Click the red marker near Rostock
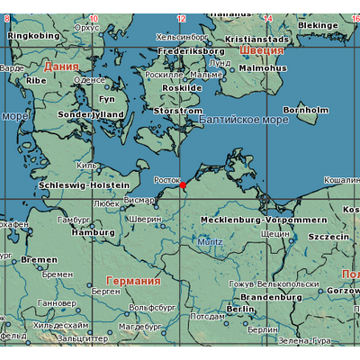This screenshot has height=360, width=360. pyautogui.click(x=183, y=184)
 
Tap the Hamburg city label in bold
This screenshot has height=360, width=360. pyautogui.click(x=93, y=232)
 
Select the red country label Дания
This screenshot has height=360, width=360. pyautogui.click(x=61, y=67)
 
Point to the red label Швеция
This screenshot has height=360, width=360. pyautogui.click(x=262, y=50)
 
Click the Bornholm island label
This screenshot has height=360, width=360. pyautogui.click(x=311, y=110)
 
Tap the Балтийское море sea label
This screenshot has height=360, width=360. pyautogui.click(x=243, y=121)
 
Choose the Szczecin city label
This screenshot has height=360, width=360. pyautogui.click(x=328, y=236)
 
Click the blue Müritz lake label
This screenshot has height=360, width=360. pyautogui.click(x=210, y=242)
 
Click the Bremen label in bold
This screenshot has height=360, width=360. pyautogui.click(x=40, y=259)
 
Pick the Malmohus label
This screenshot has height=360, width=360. pyautogui.click(x=264, y=67)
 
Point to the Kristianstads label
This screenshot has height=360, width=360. pyautogui.click(x=257, y=40)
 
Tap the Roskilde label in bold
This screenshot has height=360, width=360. pyautogui.click(x=182, y=88)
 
